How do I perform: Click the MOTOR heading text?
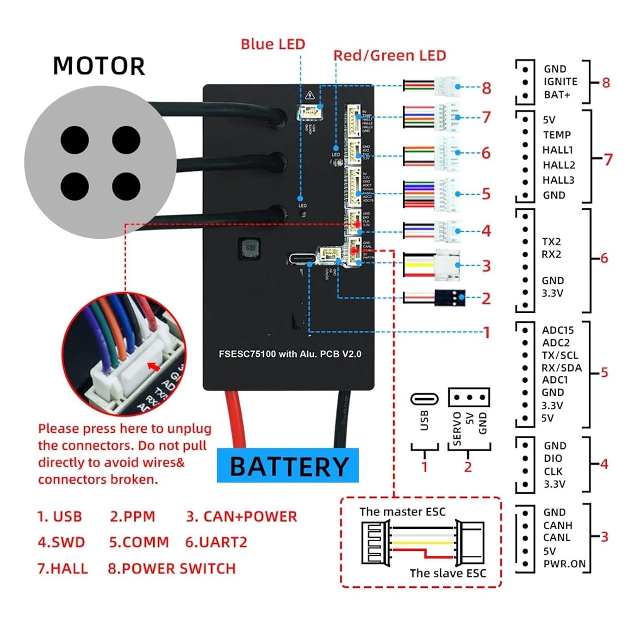pyautogui.click(x=99, y=66)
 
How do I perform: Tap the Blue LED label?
pyautogui.click(x=273, y=44)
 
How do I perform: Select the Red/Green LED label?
pyautogui.click(x=389, y=56)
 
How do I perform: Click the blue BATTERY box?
pyautogui.click(x=288, y=466)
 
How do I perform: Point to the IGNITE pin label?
pyautogui.click(x=560, y=82)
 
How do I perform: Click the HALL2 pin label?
pyautogui.click(x=559, y=165)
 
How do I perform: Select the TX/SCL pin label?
pyautogui.click(x=560, y=355)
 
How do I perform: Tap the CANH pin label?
pyautogui.click(x=558, y=525)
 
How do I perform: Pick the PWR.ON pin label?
pyautogui.click(x=564, y=564)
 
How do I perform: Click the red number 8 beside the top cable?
pyautogui.click(x=486, y=88)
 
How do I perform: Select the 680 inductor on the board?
pyautogui.click(x=250, y=248)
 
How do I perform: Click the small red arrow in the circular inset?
pyautogui.click(x=154, y=367)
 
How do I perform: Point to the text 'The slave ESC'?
pyautogui.click(x=448, y=573)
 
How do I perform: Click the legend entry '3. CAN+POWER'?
pyautogui.click(x=242, y=517)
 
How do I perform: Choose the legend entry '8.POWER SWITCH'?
pyautogui.click(x=172, y=569)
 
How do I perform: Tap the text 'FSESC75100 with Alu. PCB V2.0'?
pyautogui.click(x=290, y=354)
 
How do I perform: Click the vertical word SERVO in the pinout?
pyautogui.click(x=457, y=428)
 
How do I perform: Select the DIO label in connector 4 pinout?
pyautogui.click(x=553, y=458)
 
